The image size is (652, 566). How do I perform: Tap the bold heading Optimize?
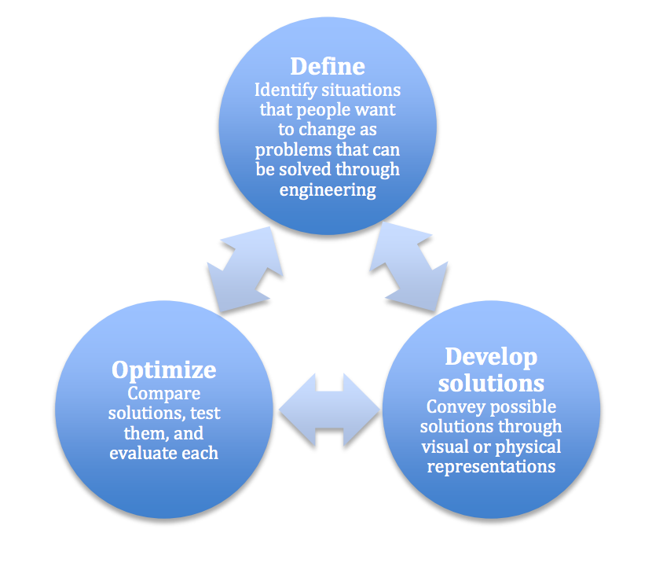163,369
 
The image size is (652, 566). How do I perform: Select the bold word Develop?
491,357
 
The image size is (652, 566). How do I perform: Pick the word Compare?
163,393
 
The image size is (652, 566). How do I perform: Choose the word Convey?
454,407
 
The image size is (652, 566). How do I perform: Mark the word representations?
490,467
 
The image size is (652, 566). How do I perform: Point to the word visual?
445,447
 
